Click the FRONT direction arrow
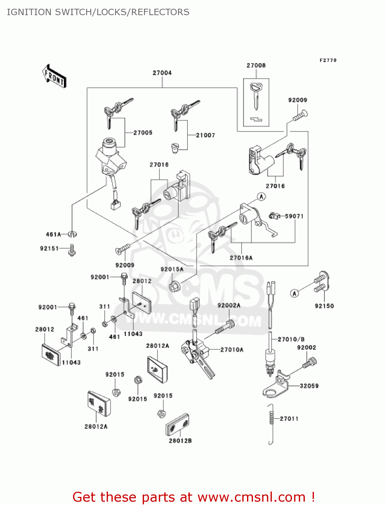[x=54, y=76]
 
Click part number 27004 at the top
[x=162, y=73]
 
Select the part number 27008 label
[x=256, y=65]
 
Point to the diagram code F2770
[x=328, y=60]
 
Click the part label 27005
[x=143, y=133]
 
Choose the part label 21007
[x=205, y=135]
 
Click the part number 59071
[x=294, y=216]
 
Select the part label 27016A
[x=241, y=258]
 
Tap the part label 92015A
[x=172, y=269]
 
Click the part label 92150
[x=324, y=306]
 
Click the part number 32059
[x=309, y=386]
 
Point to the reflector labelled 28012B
[x=177, y=425]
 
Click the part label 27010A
[x=232, y=350]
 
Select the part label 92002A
[x=229, y=305]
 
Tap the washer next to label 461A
[x=72, y=234]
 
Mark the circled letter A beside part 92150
[x=294, y=293]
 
